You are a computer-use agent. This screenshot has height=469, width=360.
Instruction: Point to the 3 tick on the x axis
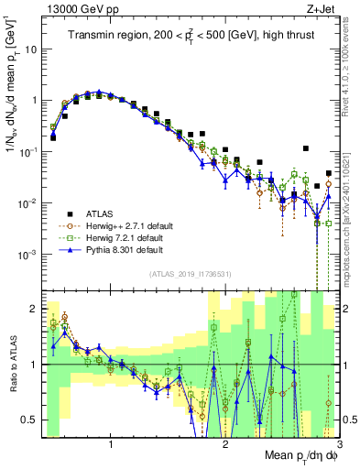338,446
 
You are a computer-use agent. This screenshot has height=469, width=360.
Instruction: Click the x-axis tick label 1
111,446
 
